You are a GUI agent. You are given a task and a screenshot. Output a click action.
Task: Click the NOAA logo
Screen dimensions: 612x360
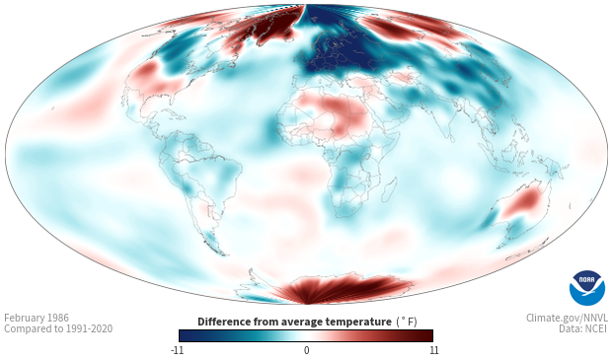coord(587,288)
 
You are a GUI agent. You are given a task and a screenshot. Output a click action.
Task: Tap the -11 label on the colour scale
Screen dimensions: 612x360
coord(178,350)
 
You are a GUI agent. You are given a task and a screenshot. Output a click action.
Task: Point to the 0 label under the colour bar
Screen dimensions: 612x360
coord(306,350)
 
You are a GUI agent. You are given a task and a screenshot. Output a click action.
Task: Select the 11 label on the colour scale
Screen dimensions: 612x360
coord(433,350)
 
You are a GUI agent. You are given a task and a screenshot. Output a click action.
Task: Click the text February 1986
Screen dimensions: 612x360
coord(37,318)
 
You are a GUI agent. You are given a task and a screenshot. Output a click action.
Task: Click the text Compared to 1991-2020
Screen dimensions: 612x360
coord(58,328)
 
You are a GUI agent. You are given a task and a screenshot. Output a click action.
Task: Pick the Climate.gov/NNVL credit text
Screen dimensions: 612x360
coord(567,318)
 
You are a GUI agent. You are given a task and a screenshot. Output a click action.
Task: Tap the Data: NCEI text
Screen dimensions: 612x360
coord(583,328)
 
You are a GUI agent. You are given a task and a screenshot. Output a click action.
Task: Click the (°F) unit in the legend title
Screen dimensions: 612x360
coord(407,323)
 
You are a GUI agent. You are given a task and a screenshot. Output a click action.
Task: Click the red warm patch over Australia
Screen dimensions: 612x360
coord(523,201)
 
